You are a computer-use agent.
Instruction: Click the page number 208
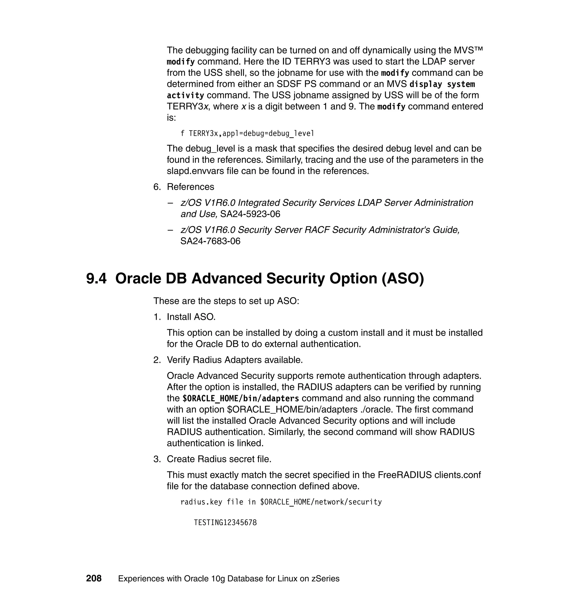94,578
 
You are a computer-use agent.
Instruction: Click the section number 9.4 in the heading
96,278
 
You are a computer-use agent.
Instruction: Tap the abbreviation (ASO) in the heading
402,278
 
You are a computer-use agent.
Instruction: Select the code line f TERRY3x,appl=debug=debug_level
247,133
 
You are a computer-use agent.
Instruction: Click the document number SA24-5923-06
250,214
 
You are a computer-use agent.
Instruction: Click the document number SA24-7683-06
210,241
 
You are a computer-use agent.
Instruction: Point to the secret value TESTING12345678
225,522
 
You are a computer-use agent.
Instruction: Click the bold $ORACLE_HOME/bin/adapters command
240,399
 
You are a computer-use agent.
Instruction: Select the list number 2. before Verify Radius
157,360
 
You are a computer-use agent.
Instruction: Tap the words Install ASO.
191,317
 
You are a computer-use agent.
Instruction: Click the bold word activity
185,96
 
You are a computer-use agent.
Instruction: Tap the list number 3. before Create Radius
157,459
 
